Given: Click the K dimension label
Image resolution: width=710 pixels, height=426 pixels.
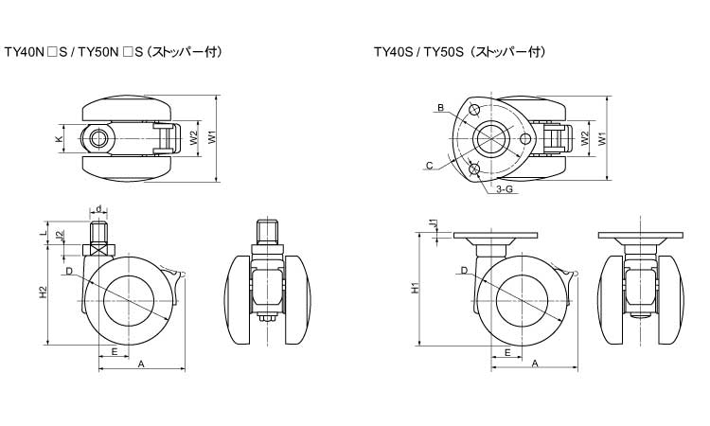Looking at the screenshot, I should (59, 139).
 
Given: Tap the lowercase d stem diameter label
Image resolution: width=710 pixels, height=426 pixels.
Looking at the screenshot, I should (98, 208).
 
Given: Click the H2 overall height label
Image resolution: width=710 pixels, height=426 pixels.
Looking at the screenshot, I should (44, 294).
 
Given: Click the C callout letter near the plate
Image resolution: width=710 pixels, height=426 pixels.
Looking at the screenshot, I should (430, 166).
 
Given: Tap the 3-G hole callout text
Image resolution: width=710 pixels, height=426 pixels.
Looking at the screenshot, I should (504, 189).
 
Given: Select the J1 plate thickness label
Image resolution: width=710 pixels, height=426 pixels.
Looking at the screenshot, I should (432, 223).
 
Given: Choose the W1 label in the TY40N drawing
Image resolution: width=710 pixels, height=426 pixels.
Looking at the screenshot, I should (212, 138).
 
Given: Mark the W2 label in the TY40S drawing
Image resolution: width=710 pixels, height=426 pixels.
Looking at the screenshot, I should (584, 138).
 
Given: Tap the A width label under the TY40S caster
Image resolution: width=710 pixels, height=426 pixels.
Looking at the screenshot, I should (534, 364).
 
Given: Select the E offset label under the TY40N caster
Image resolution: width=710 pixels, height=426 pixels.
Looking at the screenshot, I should (114, 351).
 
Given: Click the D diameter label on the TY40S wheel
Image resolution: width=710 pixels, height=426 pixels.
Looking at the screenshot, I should (463, 271).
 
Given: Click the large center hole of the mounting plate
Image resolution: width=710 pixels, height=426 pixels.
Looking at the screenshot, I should (492, 138).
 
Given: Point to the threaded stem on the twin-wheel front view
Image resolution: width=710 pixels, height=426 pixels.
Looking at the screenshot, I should (268, 230).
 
